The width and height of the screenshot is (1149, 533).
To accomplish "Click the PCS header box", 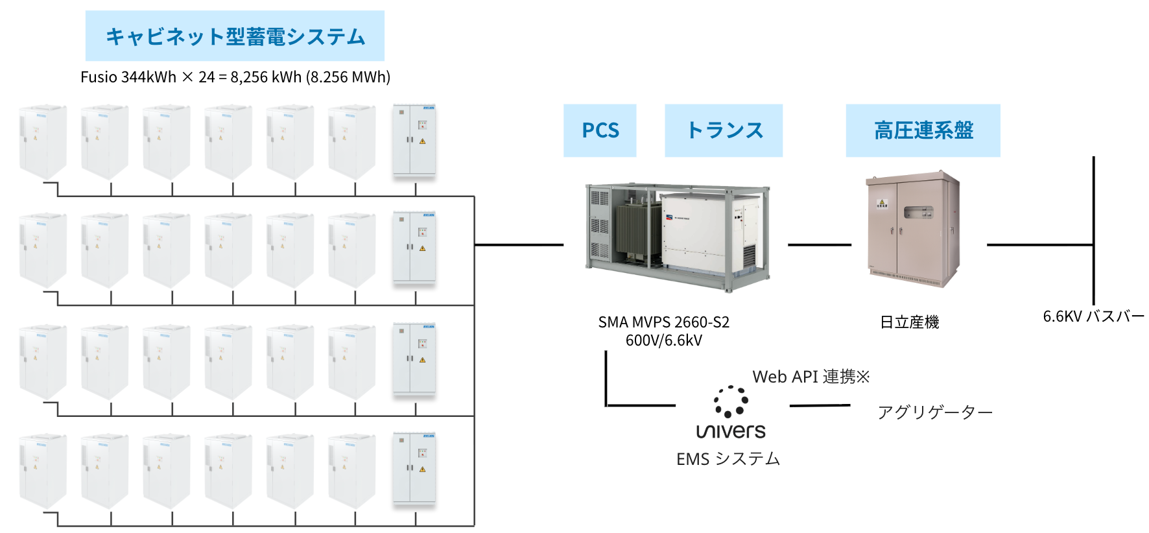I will tap(600, 130).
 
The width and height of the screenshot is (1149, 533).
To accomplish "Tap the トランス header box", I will tap(724, 130).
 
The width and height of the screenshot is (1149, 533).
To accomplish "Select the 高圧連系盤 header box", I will tap(923, 130).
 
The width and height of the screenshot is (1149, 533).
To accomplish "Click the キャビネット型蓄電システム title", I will tap(235, 36).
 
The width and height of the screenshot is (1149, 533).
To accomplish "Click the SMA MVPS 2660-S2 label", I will tap(663, 322).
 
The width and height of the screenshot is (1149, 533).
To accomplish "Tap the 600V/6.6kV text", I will tap(663, 340).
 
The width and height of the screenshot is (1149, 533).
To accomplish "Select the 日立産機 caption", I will tap(909, 322).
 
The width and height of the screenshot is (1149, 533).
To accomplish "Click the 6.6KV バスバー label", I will tap(1093, 316).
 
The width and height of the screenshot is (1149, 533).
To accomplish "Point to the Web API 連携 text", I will tap(811, 377).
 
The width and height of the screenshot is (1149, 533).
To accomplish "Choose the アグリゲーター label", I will tap(935, 412).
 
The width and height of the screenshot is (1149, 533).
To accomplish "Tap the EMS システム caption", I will tap(728, 459).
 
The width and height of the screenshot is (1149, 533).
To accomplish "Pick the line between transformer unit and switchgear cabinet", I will tap(819, 245).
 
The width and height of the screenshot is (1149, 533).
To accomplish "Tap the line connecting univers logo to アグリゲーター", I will tap(820, 406).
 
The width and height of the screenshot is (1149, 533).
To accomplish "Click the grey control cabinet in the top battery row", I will tap(414, 139).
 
